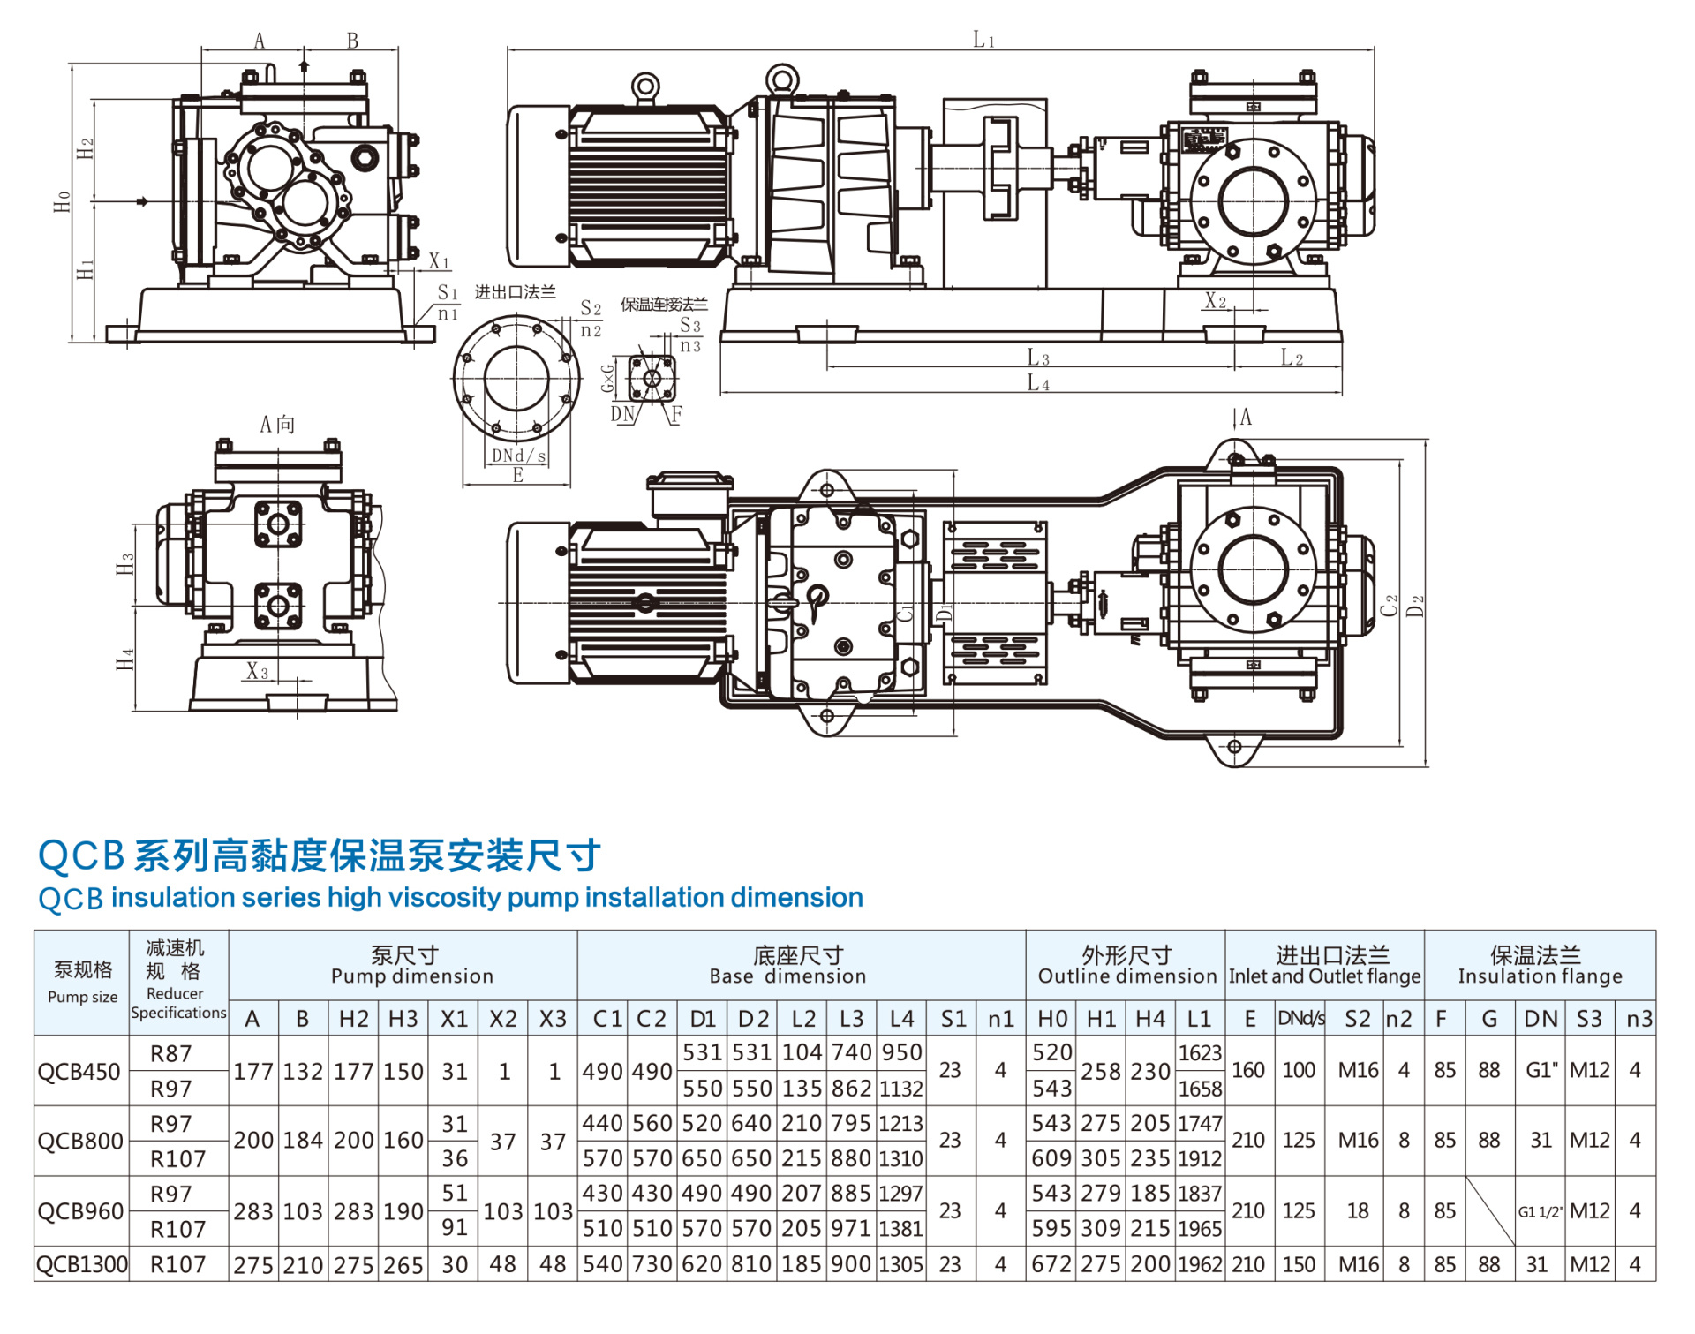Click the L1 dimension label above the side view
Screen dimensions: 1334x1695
click(983, 40)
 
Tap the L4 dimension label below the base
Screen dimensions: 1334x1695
click(1037, 383)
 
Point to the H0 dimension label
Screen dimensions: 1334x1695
click(62, 201)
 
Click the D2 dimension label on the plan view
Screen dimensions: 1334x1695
click(1415, 607)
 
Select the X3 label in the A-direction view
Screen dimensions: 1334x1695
click(257, 671)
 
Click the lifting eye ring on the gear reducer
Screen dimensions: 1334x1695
click(782, 79)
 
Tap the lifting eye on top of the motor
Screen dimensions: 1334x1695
click(645, 87)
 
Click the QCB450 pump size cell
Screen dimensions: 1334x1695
click(79, 1071)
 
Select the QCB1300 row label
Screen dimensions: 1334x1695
click(81, 1264)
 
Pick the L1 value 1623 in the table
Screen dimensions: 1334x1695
click(1200, 1053)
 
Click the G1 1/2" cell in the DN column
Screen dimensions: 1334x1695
click(1541, 1211)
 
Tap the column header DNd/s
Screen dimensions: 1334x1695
click(1300, 1019)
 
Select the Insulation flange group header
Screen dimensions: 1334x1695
click(1539, 965)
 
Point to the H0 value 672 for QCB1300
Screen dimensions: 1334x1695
click(1051, 1264)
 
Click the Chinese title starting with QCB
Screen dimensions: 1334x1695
click(320, 855)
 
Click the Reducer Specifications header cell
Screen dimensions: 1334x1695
click(177, 982)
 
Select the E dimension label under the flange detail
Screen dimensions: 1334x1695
click(518, 475)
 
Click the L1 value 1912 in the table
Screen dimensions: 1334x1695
click(1200, 1158)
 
